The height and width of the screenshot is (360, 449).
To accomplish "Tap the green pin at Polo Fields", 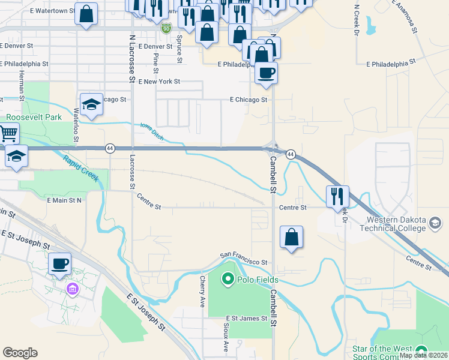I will [228, 279].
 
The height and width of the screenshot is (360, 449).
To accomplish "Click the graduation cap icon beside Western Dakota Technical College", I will [435, 224].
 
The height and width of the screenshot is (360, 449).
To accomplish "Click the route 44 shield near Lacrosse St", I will [110, 148].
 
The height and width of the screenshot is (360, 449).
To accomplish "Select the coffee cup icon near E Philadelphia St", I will [266, 73].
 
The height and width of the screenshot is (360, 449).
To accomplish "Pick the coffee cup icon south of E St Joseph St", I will [59, 263].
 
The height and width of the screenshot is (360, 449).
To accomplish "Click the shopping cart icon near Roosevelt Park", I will [8, 133].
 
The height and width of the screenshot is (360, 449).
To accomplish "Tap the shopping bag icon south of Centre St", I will [291, 236].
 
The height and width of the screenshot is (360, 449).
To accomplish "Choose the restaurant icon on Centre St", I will [337, 196].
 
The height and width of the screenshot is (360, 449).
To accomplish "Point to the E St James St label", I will [246, 318].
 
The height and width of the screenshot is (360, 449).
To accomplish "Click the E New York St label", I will [159, 81].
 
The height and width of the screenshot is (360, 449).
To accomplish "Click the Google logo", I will [20, 353].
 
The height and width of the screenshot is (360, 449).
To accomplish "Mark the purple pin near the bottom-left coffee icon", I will [72, 290].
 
